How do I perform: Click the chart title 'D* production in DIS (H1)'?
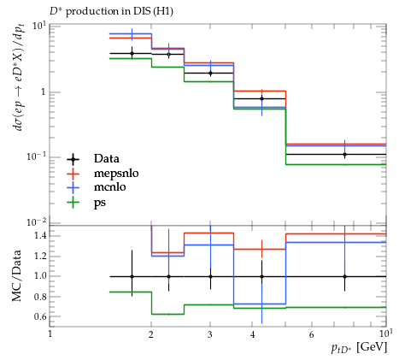(111, 11)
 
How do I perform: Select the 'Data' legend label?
(107, 158)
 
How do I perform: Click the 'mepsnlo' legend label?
(116, 174)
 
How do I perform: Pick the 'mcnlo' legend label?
(110, 187)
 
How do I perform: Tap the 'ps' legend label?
(100, 203)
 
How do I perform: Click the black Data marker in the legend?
(73, 159)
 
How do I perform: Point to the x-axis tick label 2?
(150, 334)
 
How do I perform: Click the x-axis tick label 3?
(210, 334)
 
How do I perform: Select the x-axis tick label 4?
(252, 334)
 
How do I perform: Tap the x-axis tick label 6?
(311, 334)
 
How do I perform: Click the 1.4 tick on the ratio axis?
(40, 235)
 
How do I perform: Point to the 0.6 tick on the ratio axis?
(40, 316)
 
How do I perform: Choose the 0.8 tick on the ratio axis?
(40, 297)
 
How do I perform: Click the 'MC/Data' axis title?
(16, 276)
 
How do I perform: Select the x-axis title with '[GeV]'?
(359, 348)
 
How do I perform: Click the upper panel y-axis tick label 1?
(44, 92)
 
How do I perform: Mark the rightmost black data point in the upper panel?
(344, 155)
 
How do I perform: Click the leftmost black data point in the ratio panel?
(132, 276)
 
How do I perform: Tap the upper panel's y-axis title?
(19, 78)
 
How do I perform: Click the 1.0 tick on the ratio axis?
(40, 276)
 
